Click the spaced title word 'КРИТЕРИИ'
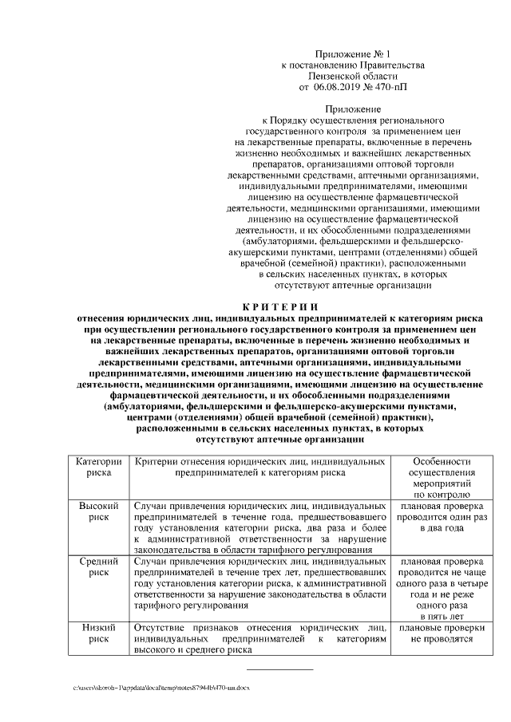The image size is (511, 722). click(x=279, y=308)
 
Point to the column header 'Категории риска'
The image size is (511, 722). click(x=98, y=468)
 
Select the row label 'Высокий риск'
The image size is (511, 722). click(x=98, y=512)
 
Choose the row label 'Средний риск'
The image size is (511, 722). click(x=98, y=566)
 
